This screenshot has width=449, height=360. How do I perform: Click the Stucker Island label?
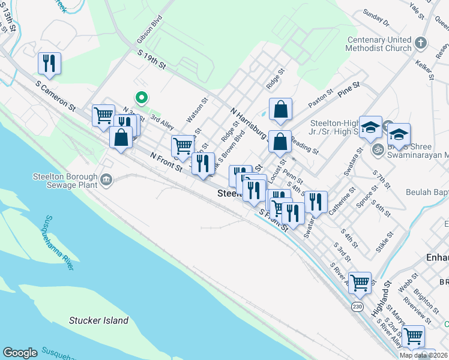pos(98,320)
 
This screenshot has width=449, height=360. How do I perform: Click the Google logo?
pos(20,353)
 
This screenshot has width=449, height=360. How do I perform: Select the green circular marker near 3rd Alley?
pos(142,97)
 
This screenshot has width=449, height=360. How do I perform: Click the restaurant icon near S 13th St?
pos(49,62)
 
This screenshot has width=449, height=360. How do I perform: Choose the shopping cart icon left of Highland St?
pos(360,281)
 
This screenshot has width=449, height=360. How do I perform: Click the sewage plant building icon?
pos(106,179)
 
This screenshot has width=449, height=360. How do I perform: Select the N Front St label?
pos(166,163)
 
